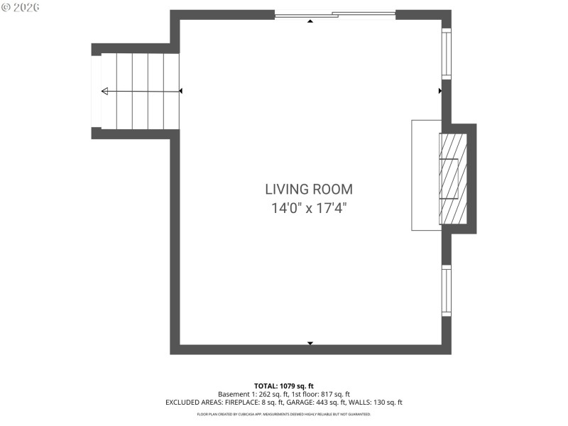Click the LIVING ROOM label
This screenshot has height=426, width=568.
(309, 190)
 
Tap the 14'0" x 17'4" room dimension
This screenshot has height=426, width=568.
(309, 209)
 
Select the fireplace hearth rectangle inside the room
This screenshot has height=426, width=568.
(426, 175)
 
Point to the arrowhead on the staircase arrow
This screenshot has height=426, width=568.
(105, 91)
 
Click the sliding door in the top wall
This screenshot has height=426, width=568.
(335, 14)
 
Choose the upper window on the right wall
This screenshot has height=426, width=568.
(447, 53)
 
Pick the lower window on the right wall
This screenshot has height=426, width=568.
(447, 291)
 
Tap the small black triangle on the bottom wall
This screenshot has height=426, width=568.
(310, 344)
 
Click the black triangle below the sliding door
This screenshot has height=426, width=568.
(310, 22)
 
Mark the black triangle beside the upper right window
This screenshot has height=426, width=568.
(440, 91)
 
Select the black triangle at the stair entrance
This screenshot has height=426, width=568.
(181, 91)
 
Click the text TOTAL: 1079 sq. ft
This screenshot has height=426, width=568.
(284, 386)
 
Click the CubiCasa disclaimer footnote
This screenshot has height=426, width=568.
(284, 414)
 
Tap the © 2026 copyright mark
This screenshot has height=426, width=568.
(21, 7)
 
